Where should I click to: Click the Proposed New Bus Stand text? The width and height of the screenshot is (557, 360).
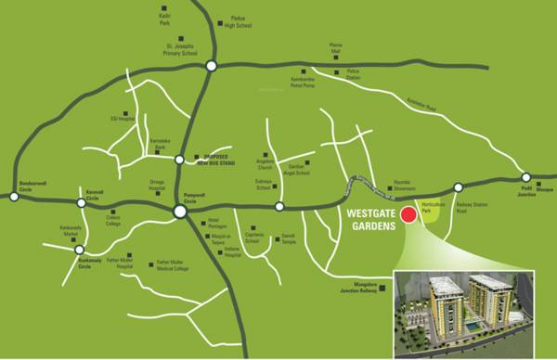223,160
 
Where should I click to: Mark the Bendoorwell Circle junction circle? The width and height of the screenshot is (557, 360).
14,196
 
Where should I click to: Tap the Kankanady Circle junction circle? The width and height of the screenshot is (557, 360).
80,250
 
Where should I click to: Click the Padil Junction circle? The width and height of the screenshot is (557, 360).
526,177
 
